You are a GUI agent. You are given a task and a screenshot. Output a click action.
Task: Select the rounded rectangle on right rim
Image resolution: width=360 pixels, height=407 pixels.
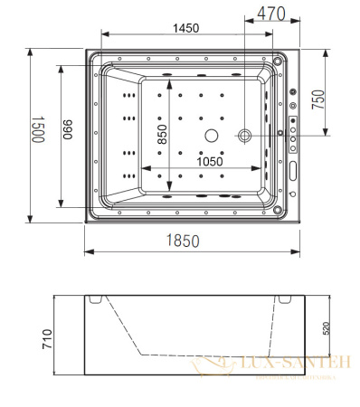point(294,169)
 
